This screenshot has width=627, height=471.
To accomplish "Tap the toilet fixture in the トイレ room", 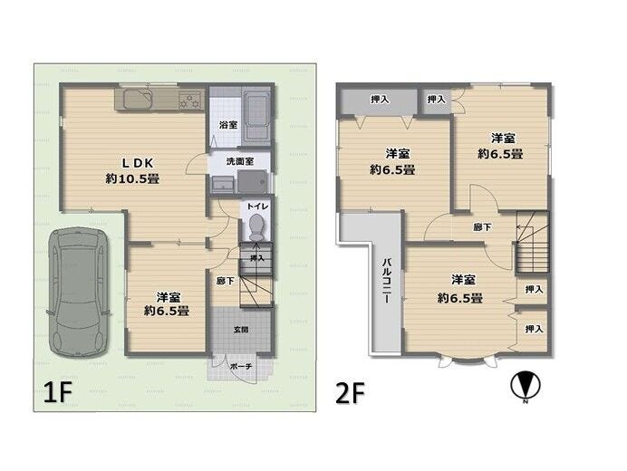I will click(256, 225).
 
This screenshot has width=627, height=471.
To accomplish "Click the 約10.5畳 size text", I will click(131, 179).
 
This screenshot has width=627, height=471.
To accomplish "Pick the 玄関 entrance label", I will click(241, 330).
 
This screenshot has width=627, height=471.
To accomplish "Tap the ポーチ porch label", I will click(241, 367).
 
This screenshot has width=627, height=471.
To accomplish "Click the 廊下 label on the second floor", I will click(483, 227).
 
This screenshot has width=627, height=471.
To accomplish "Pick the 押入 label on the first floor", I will click(256, 258).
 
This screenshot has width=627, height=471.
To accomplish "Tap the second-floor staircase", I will click(532, 243).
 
